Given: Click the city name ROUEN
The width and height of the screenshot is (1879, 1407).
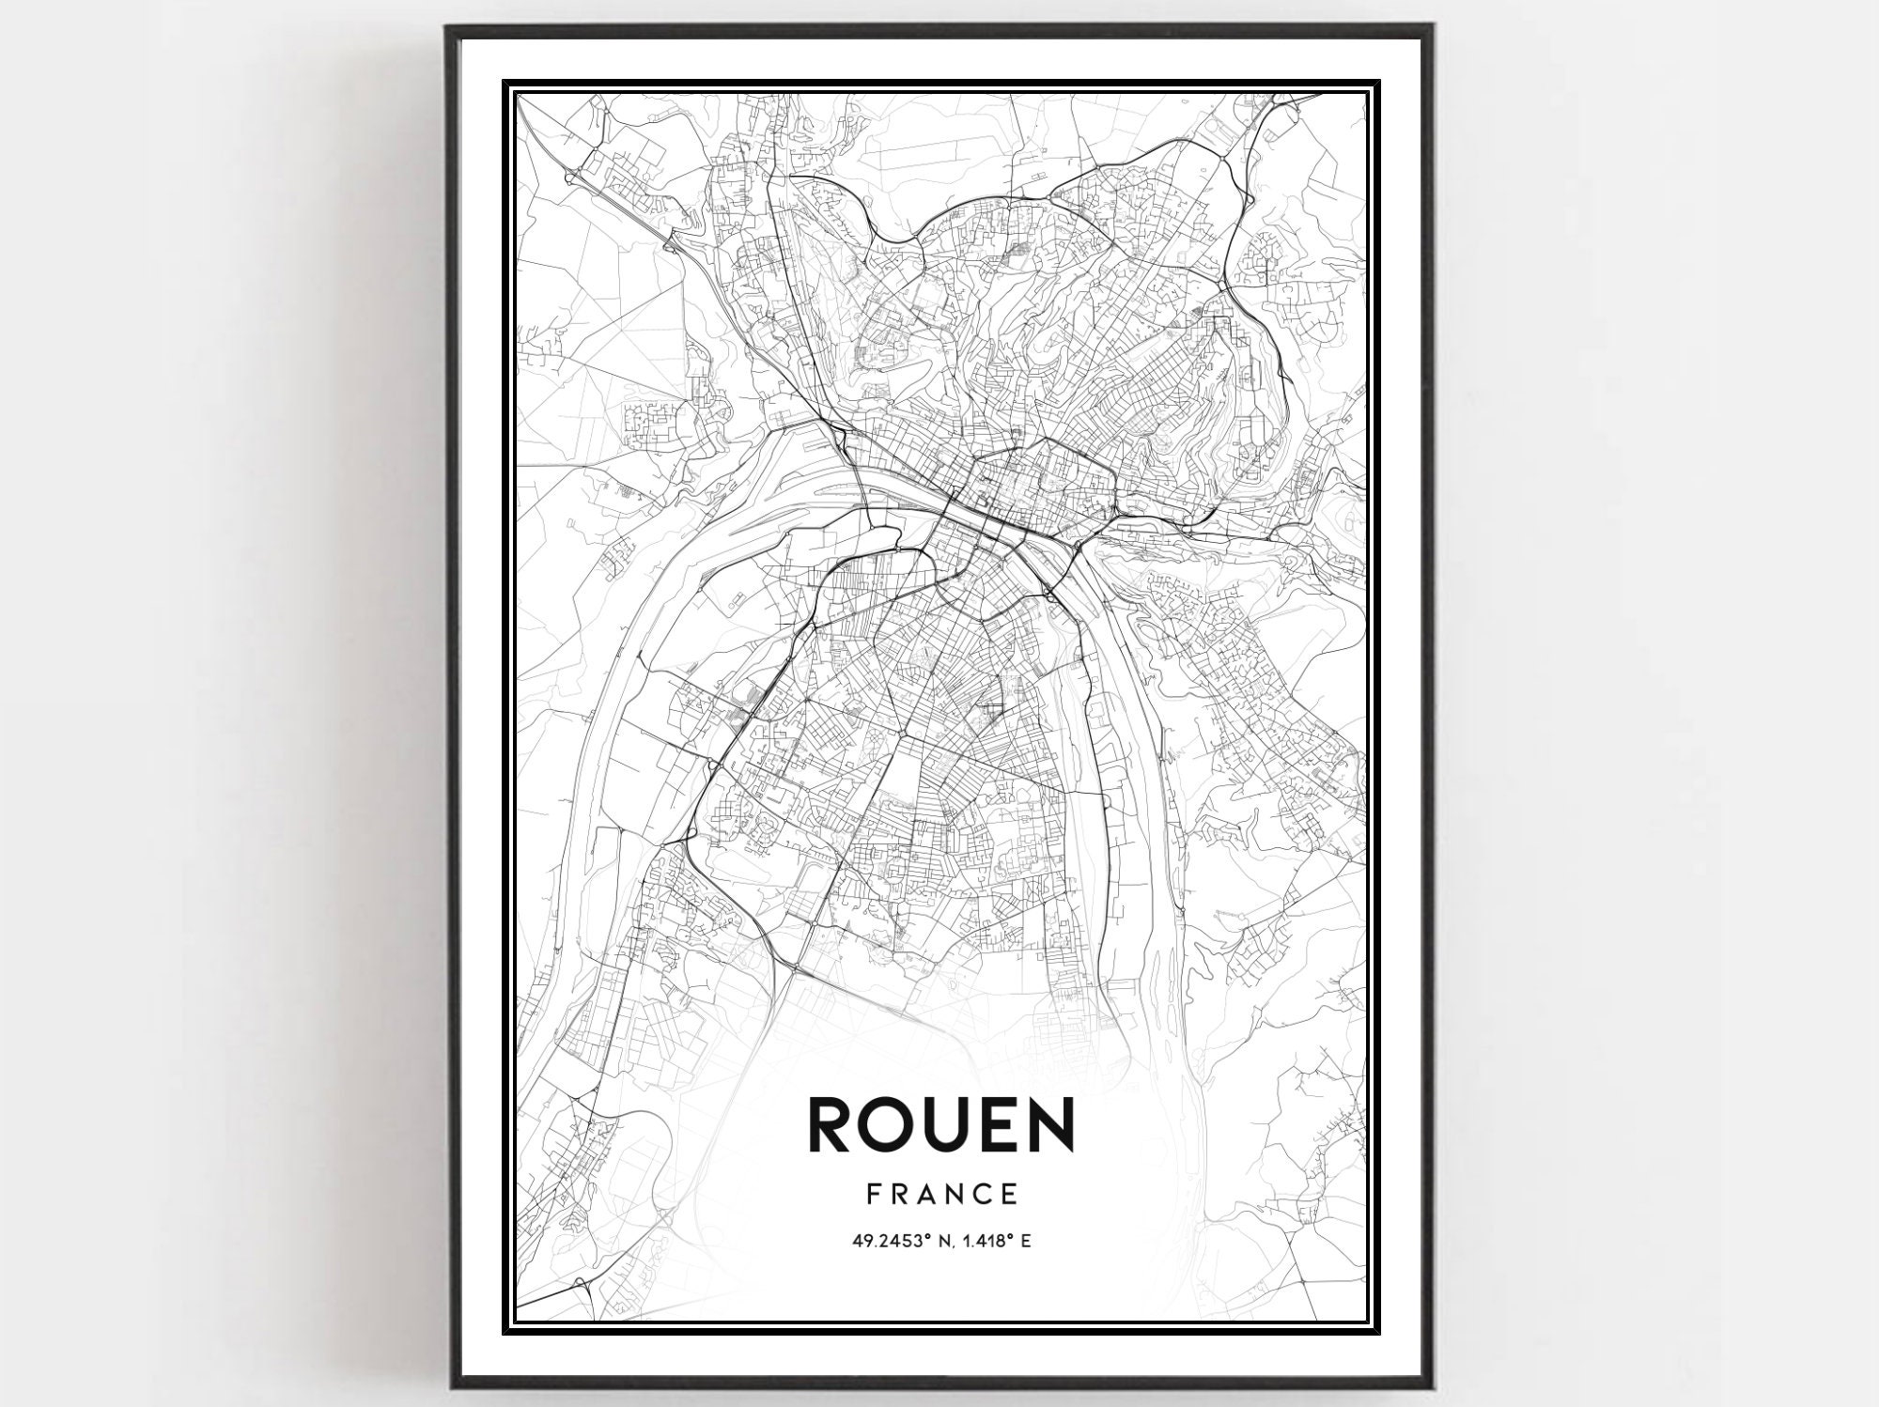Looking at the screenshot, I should pyautogui.click(x=939, y=1124).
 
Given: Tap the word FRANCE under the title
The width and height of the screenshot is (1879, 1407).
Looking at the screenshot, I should pyautogui.click(x=942, y=1195).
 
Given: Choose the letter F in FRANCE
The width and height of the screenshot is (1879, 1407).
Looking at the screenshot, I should pyautogui.click(x=872, y=1195).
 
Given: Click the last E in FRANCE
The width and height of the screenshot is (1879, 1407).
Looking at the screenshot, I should pyautogui.click(x=1010, y=1195).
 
